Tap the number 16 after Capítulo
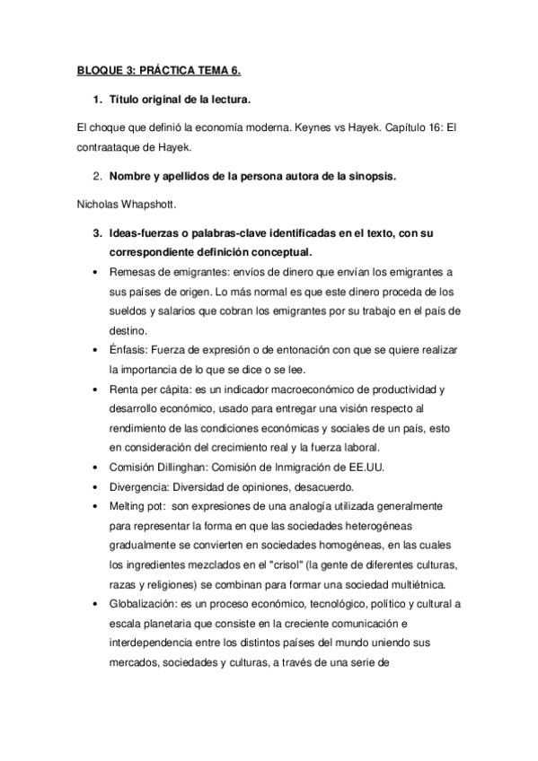click(417, 127)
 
